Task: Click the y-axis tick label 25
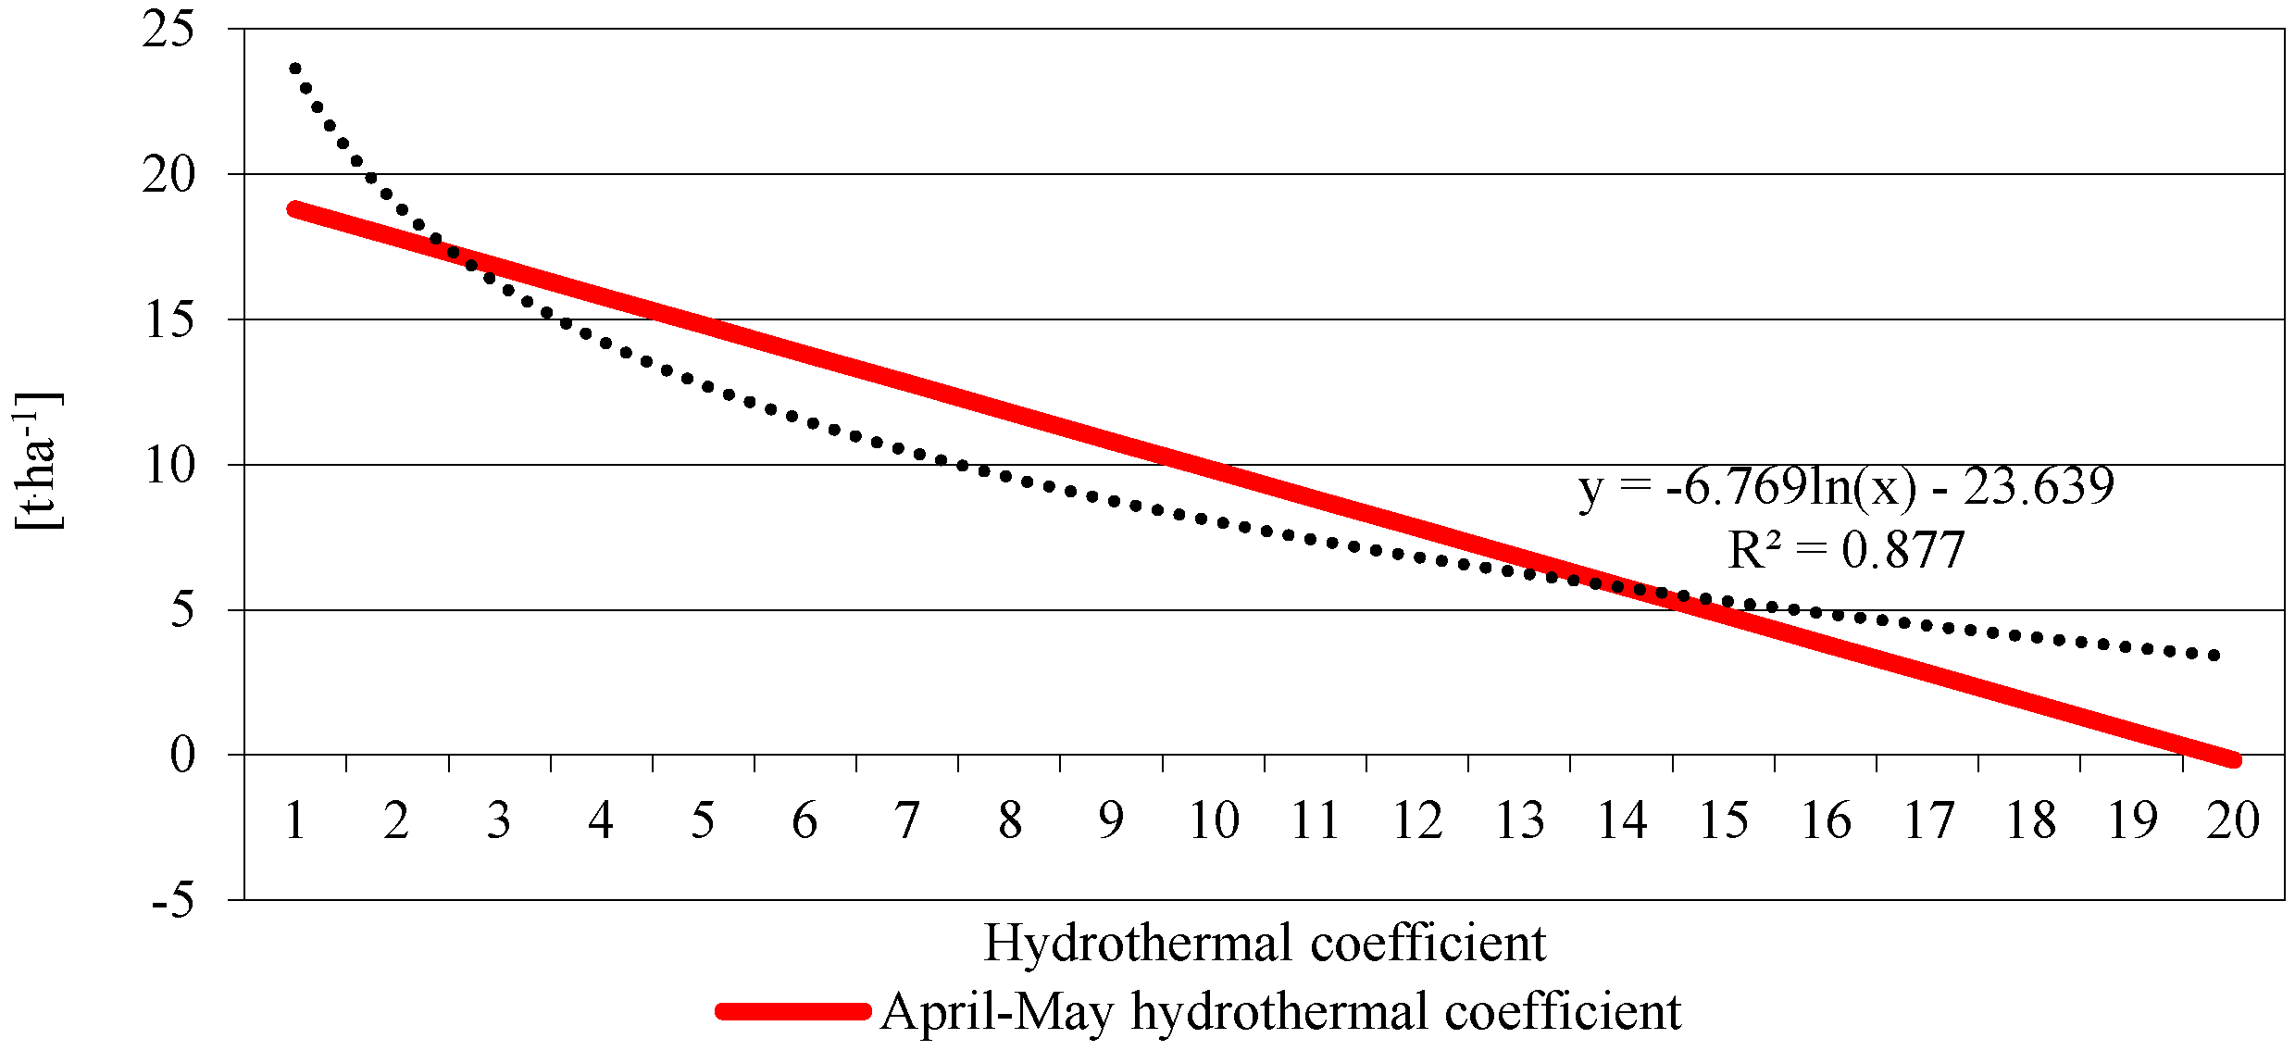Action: pos(168,31)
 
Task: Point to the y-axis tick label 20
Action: pos(168,175)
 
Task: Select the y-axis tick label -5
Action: pos(173,899)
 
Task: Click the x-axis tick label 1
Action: pos(295,820)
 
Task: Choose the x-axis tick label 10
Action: pos(1213,820)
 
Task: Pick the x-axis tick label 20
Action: pos(2233,820)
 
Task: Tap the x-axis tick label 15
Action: pos(1723,820)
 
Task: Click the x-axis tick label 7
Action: pos(906,820)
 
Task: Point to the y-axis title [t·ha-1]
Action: pos(37,460)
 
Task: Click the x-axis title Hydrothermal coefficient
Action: pos(1265,944)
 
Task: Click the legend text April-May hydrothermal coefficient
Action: pos(1280,1011)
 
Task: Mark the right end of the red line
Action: pos(2233,759)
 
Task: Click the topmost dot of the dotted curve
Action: pos(295,69)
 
